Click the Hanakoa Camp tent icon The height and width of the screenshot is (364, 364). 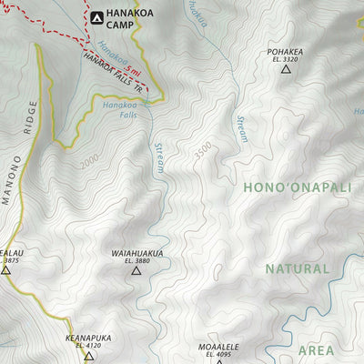(96, 16)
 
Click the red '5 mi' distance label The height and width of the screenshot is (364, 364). (134, 70)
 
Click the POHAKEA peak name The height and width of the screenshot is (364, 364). (285, 52)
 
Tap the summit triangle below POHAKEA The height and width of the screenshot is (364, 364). (285, 69)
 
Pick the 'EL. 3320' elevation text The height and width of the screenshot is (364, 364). (285, 60)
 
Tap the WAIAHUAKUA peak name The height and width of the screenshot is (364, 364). (136, 253)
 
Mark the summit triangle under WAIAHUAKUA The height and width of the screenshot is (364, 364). (136, 270)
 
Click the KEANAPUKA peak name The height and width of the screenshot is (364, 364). (88, 338)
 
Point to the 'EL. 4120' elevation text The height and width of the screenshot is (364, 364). (88, 346)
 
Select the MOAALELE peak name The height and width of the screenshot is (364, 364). (218, 347)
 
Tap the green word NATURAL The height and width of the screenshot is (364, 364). (297, 269)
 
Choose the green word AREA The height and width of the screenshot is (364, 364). (316, 349)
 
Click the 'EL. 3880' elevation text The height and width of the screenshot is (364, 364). (136, 261)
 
